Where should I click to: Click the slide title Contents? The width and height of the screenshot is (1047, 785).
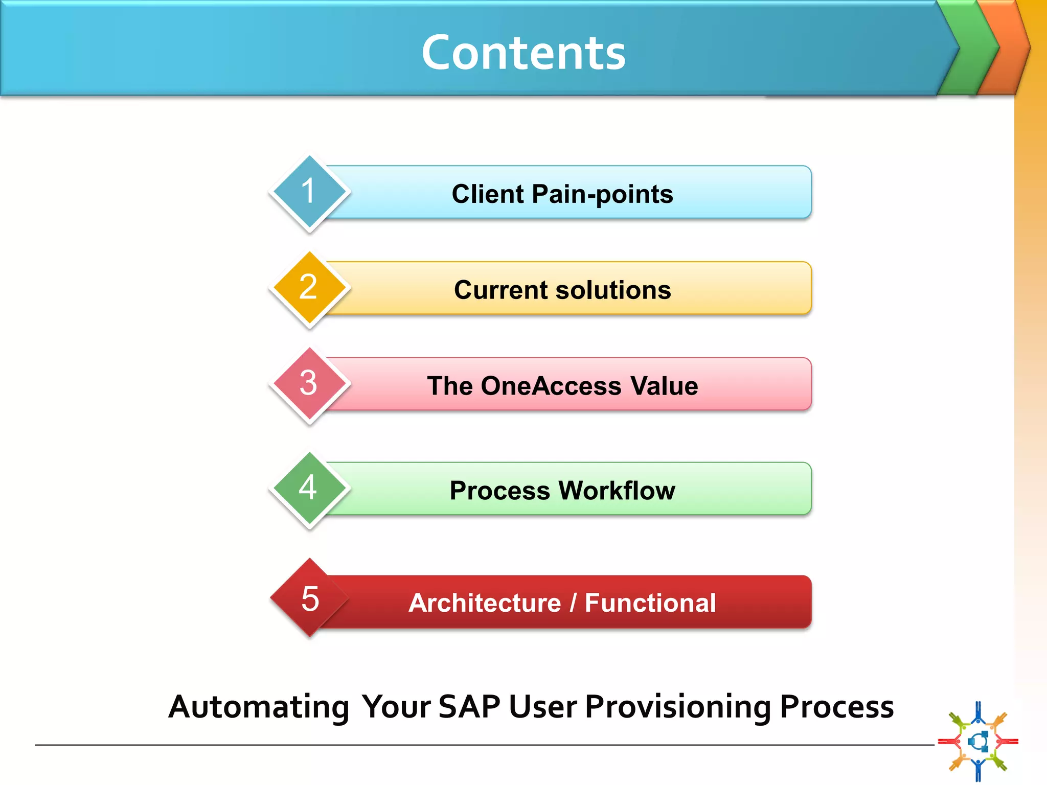523,53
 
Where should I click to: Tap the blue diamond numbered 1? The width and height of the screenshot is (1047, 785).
309,192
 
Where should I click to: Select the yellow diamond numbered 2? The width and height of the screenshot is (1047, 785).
309,288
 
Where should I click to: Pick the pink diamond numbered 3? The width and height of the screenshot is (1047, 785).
309,384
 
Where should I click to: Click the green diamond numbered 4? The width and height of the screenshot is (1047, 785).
309,489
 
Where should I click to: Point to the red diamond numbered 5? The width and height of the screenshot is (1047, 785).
309,598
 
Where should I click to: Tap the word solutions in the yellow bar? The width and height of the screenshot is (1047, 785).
613,290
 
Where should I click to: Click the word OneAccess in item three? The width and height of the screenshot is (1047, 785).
551,386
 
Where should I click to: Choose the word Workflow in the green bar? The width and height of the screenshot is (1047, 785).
617,491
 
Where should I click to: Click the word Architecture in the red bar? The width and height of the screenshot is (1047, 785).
485,603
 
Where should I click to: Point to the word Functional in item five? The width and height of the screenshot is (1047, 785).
650,603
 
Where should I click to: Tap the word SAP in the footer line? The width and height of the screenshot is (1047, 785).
469,707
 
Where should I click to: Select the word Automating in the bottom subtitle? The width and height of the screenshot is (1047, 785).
259,707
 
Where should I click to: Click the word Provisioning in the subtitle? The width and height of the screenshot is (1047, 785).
678,707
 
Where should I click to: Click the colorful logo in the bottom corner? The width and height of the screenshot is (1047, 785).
978,741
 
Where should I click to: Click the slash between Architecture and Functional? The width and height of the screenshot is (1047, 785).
573,603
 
